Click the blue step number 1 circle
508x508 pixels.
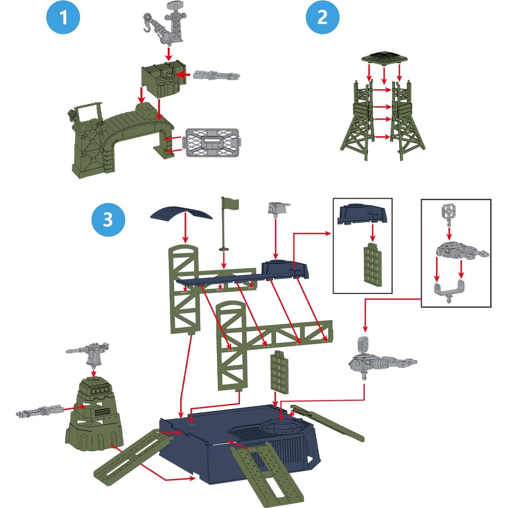tap(63, 17)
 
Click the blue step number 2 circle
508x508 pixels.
tap(322, 17)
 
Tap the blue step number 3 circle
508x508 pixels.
tap(108, 219)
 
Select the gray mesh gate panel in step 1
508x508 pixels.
tap(213, 143)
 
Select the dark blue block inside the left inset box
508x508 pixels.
tap(362, 214)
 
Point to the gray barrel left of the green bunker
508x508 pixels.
tap(39, 411)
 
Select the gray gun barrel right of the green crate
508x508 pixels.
tap(216, 75)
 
